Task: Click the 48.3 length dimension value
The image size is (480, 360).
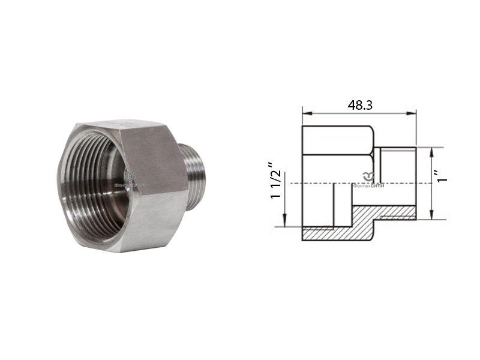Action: [360, 104]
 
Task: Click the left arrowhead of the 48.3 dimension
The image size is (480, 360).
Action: [305, 112]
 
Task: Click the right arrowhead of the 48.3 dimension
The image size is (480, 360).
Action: [413, 112]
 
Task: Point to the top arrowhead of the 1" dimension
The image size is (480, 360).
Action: [431, 151]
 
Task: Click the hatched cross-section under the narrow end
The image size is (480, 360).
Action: [384, 213]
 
